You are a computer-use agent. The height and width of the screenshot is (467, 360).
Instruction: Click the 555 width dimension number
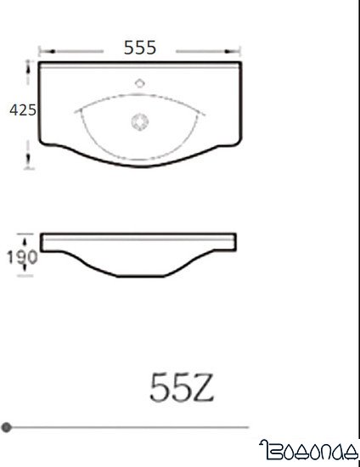[x=140, y=48]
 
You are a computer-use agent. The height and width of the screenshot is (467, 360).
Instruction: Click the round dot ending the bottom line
[x=7, y=426]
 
